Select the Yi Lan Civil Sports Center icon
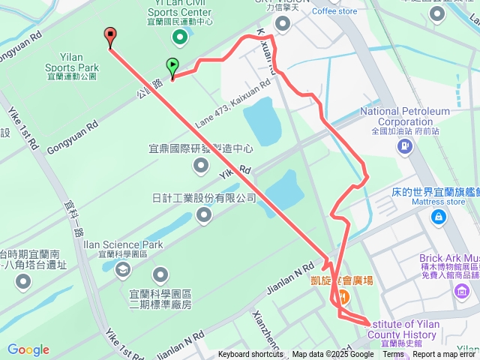click(x=179, y=36)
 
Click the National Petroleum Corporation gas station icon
click(x=404, y=145)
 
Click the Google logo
click(x=28, y=349)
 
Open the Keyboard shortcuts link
click(x=250, y=355)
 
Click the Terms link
click(x=393, y=355)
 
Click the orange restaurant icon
click(x=341, y=297)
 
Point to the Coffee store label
click(x=334, y=11)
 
